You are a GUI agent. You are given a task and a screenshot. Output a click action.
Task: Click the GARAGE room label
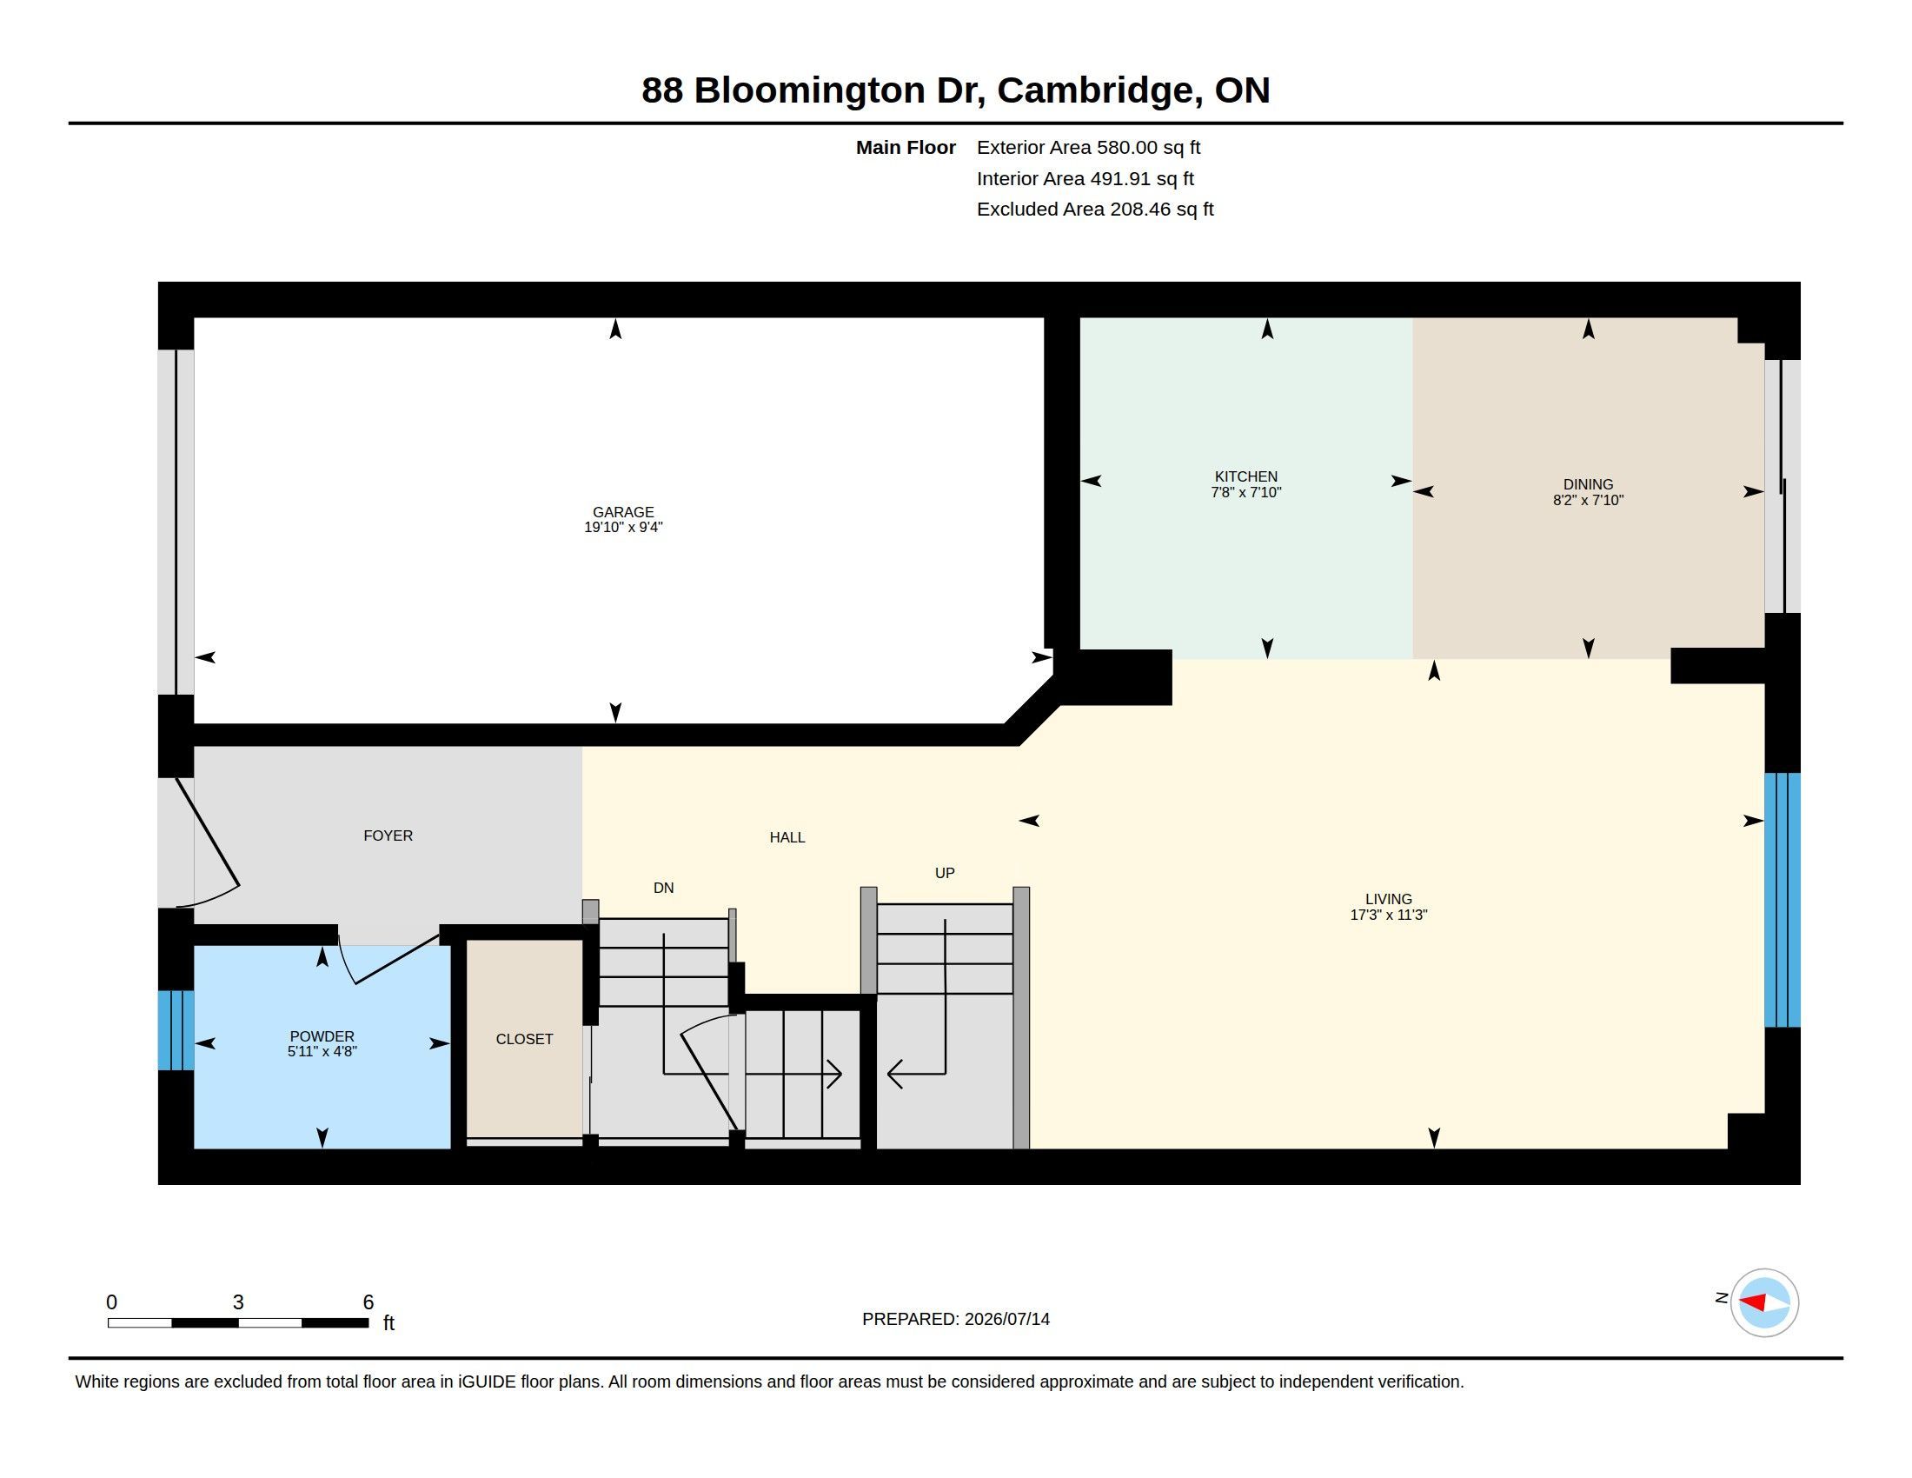[x=622, y=512]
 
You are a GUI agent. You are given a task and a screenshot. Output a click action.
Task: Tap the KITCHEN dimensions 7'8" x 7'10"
[x=1245, y=493]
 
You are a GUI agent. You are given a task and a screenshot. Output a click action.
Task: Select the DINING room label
[x=1588, y=484]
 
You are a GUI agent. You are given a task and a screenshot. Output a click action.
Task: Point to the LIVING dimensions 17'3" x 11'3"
[x=1389, y=915]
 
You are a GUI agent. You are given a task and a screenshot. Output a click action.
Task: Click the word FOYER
[x=388, y=836]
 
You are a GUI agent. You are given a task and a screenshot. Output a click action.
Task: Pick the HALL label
[x=787, y=838]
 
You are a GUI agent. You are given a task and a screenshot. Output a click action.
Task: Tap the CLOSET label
[x=524, y=1039]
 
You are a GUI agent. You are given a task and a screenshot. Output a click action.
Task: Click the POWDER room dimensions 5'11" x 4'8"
[x=322, y=1052]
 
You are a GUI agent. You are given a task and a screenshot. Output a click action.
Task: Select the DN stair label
[x=664, y=888]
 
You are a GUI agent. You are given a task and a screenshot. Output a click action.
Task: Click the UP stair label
[x=945, y=873]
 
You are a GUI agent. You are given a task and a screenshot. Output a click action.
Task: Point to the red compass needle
[x=1752, y=1302]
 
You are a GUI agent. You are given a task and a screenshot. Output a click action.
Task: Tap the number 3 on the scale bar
[x=238, y=1302]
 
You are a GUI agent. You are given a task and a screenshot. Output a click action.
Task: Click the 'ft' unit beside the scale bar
[x=388, y=1323]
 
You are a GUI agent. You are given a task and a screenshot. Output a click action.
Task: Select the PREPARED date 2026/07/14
[x=1006, y=1319]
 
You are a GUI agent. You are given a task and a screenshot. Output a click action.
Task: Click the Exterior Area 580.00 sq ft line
[x=1088, y=148]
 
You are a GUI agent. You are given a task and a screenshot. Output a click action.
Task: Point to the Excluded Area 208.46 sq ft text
[x=1095, y=210]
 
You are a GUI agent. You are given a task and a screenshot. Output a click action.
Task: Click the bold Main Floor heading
[x=906, y=148]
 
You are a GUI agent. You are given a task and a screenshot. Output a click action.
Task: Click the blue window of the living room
[x=1782, y=900]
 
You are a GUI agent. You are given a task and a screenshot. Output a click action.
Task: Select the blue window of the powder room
[x=176, y=1030]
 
